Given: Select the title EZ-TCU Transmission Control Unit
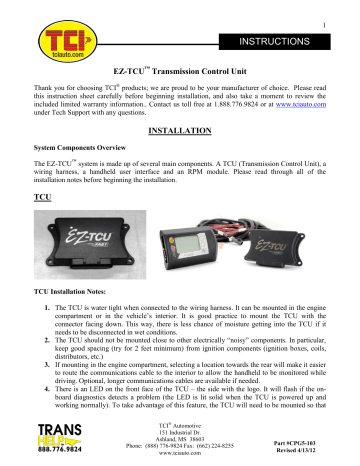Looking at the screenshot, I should [x=178, y=74].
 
